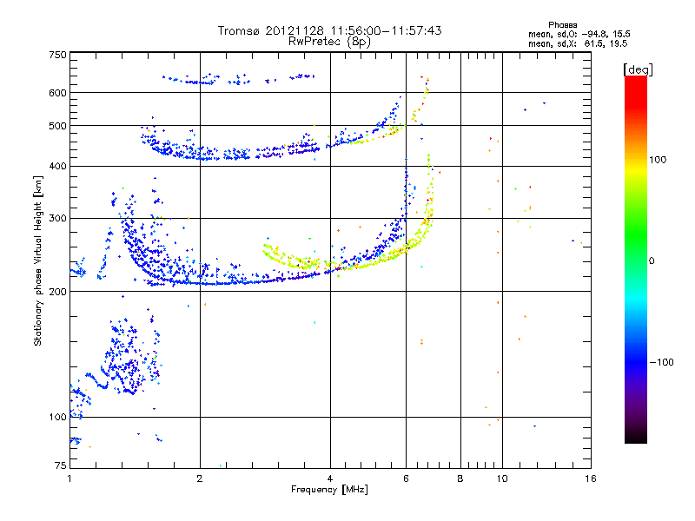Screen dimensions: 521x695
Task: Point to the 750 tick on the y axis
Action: (57, 55)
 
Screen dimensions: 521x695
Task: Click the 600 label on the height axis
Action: (57, 92)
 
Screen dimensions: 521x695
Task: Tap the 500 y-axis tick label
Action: (57, 125)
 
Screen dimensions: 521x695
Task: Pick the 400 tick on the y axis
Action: (57, 166)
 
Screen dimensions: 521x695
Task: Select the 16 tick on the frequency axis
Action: (590, 478)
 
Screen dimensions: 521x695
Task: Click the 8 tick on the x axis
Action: (460, 478)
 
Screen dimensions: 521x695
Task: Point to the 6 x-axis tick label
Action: (406, 478)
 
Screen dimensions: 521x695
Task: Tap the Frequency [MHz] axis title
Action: (329, 490)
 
